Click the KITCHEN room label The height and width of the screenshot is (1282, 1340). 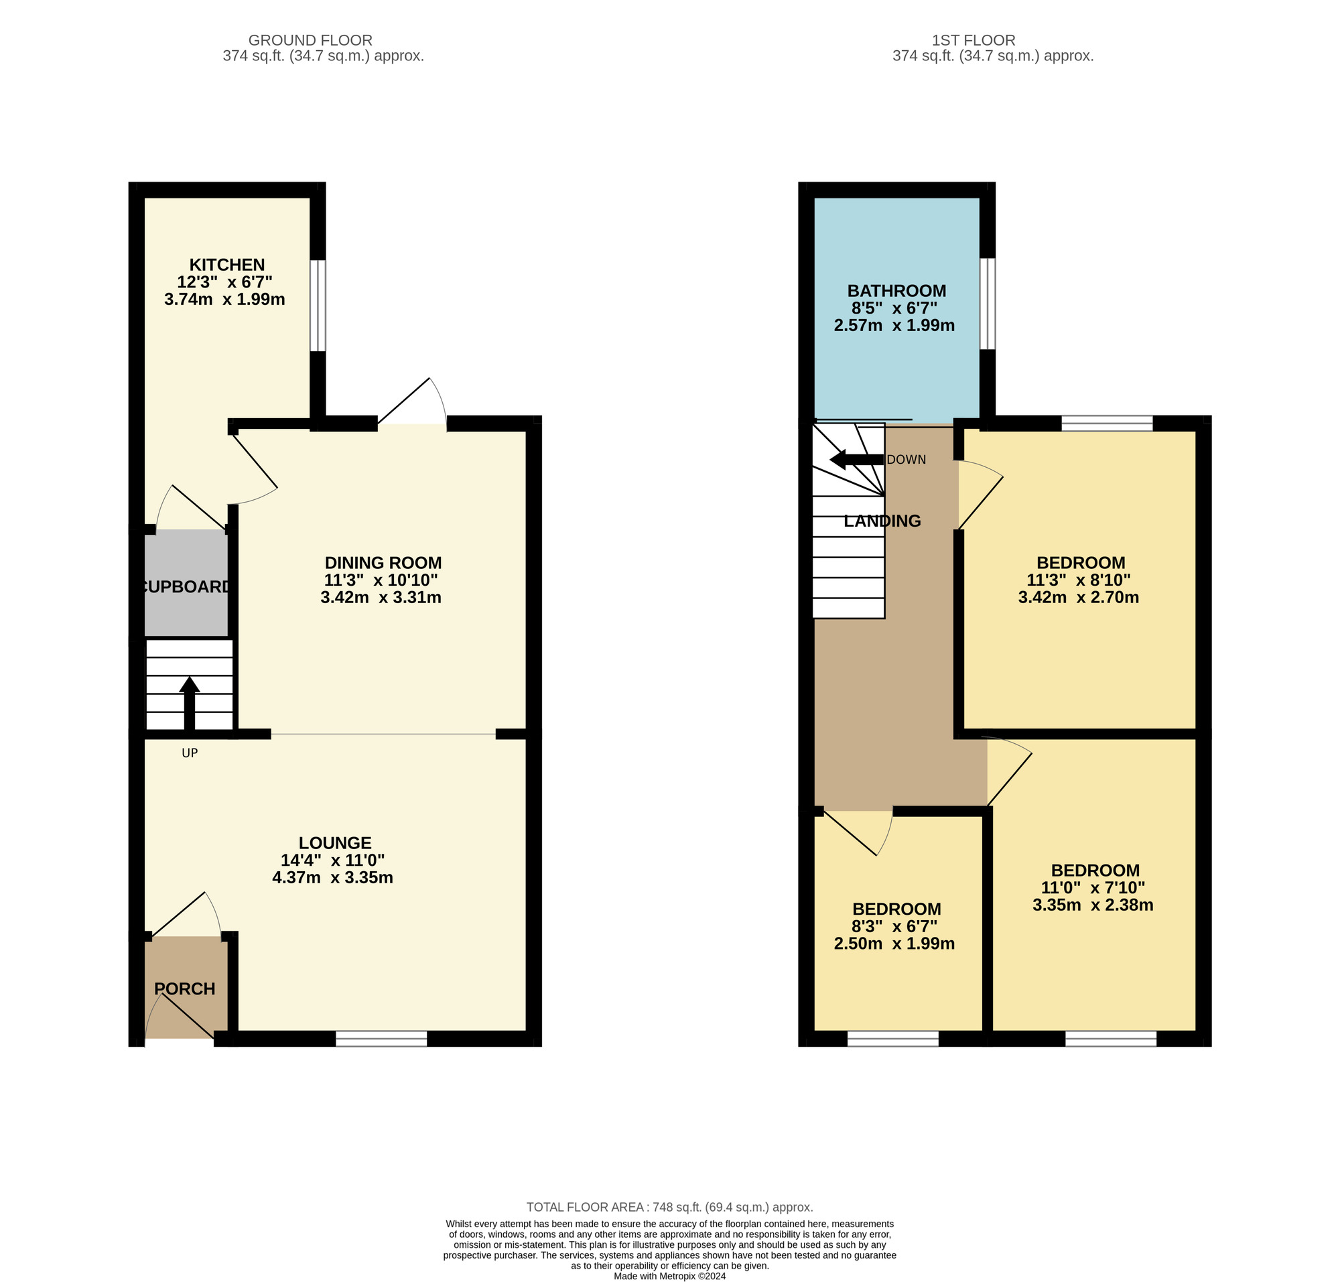click(227, 265)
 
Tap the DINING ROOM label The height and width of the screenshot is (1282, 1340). click(383, 562)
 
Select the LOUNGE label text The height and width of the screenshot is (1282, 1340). click(335, 842)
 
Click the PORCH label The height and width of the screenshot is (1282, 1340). click(184, 988)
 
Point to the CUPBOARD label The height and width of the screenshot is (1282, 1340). click(185, 586)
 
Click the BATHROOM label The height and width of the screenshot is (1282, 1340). click(896, 290)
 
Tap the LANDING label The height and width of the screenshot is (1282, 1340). click(882, 521)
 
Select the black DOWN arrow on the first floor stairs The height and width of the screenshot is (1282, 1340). click(856, 459)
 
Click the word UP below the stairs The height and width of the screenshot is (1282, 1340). click(190, 753)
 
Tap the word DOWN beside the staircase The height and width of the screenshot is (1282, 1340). click(906, 460)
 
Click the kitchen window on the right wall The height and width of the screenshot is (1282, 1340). click(318, 305)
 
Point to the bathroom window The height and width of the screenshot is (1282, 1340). click(988, 304)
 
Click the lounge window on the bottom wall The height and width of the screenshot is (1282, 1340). click(381, 1038)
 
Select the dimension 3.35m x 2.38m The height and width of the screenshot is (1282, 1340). click(1093, 905)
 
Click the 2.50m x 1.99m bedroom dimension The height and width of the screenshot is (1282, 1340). click(894, 943)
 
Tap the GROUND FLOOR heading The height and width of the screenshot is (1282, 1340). click(310, 40)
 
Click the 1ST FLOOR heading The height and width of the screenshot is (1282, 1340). click(974, 40)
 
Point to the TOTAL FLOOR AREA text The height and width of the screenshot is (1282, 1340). click(669, 1207)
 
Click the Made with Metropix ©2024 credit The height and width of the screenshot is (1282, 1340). click(669, 1276)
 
